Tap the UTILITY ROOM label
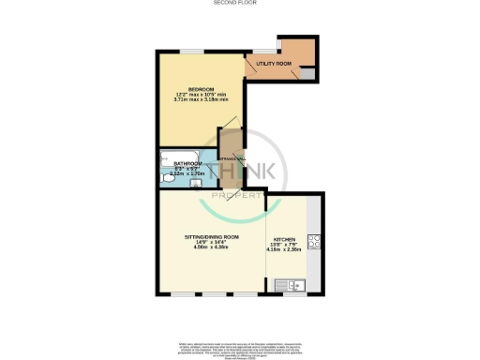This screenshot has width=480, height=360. [273, 64]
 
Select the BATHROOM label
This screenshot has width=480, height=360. [187, 163]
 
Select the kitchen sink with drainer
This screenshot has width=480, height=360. [296, 284]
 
